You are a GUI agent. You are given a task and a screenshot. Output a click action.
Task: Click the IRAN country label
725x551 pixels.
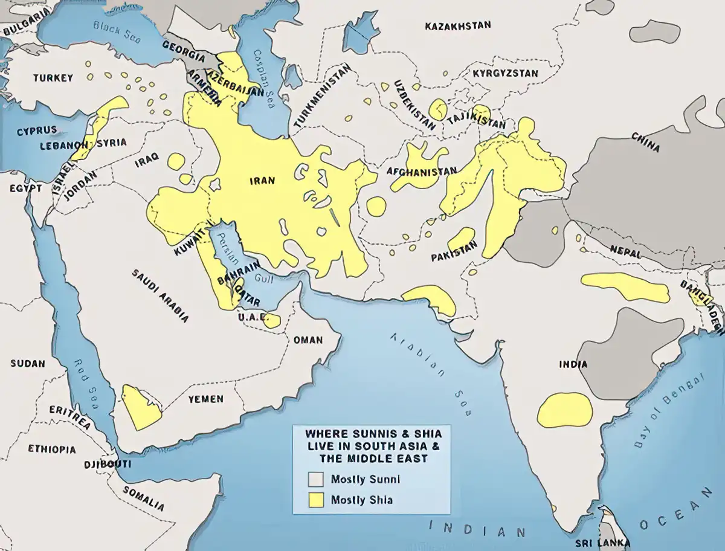[262, 181]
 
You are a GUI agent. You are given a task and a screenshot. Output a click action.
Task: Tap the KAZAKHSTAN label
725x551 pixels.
[457, 26]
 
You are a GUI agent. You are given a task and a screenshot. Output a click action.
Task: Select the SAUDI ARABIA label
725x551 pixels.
[160, 295]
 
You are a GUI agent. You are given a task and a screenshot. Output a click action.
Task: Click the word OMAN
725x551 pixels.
[308, 340]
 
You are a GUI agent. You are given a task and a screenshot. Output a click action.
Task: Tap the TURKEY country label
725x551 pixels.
[53, 78]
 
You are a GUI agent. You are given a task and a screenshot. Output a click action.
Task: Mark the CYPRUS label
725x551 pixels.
[36, 130]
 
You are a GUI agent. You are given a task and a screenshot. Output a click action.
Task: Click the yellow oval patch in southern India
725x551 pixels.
[565, 410]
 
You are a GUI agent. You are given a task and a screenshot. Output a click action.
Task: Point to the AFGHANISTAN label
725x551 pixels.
[422, 172]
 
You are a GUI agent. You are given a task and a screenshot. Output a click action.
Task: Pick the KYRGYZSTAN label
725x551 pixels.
[505, 73]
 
